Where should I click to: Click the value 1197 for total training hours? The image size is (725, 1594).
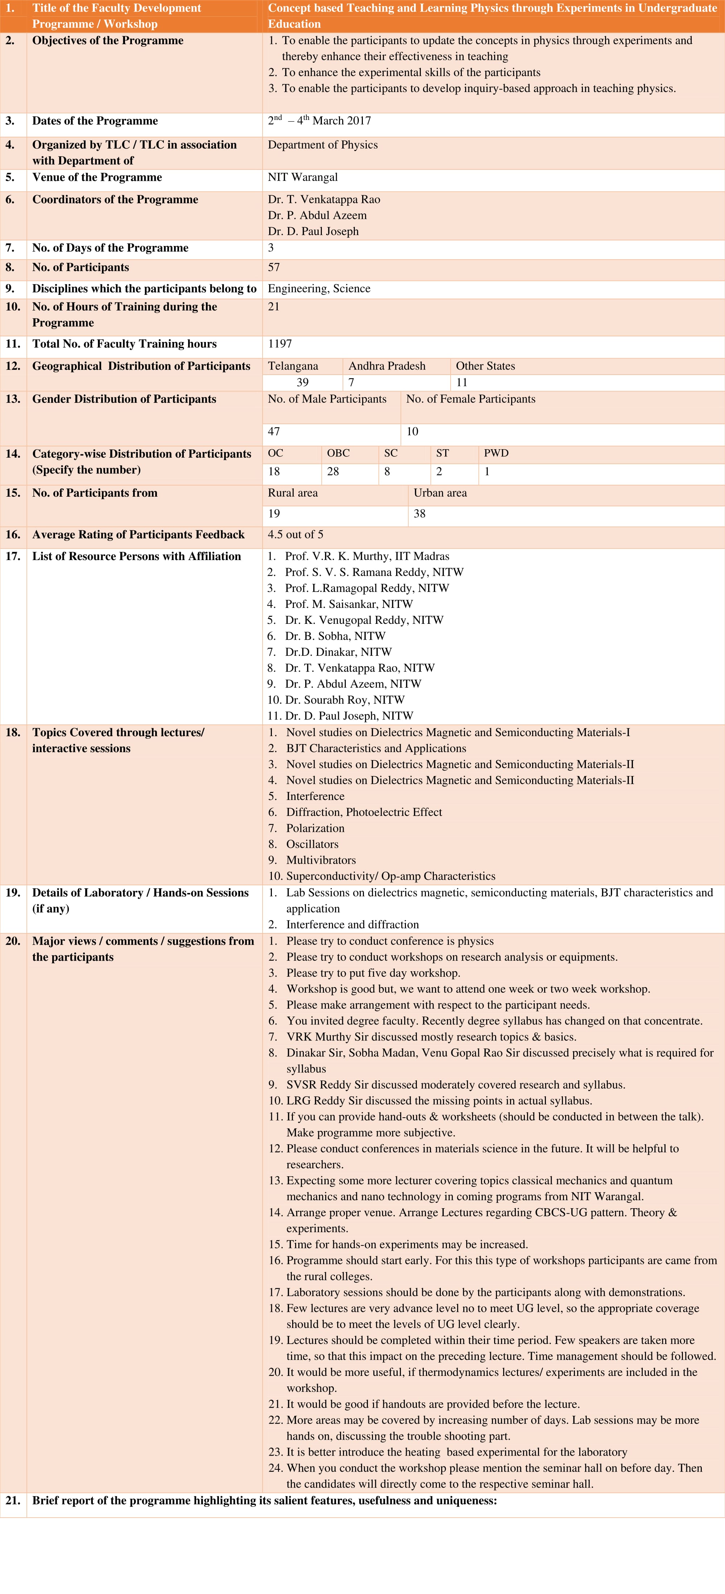(x=280, y=343)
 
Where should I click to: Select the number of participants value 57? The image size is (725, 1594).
(x=274, y=267)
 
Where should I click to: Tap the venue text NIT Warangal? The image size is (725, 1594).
(x=303, y=177)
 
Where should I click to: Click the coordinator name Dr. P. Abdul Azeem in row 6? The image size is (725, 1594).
(x=317, y=215)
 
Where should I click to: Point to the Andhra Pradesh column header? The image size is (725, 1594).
(x=387, y=366)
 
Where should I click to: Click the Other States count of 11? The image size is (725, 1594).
(x=462, y=383)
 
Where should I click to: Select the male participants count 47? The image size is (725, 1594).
(x=274, y=431)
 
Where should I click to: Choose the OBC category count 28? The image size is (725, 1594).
(x=333, y=472)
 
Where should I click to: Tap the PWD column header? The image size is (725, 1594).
(x=496, y=453)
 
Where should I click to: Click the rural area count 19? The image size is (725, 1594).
(x=274, y=514)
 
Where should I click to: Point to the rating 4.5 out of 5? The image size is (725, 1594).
(x=295, y=535)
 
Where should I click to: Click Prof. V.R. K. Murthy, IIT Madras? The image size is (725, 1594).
(x=366, y=556)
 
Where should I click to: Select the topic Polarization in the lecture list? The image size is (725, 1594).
(x=315, y=828)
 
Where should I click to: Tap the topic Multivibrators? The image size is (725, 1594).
(x=321, y=860)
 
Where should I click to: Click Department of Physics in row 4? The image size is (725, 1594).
(x=323, y=145)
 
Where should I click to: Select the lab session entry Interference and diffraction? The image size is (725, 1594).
(x=352, y=925)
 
